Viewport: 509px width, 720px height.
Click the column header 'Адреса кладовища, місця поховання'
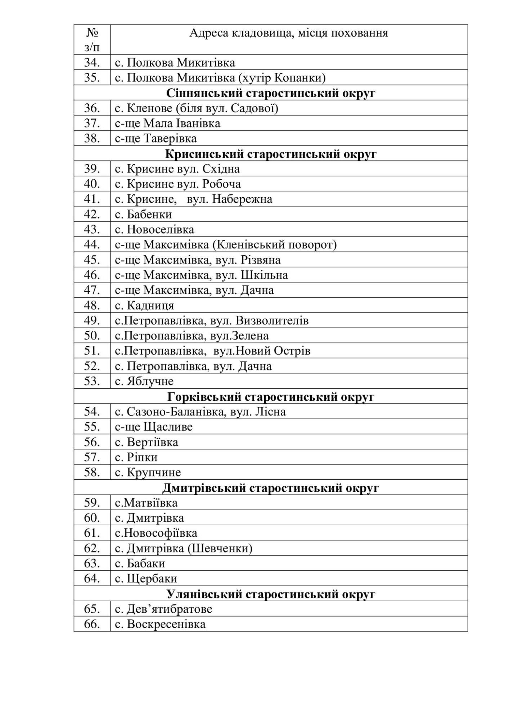[288, 33]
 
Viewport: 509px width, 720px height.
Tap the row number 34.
[92, 63]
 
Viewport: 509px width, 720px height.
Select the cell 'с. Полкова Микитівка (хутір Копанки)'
[220, 78]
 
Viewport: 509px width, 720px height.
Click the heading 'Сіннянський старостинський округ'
[271, 93]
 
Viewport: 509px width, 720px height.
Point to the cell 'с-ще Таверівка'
[156, 139]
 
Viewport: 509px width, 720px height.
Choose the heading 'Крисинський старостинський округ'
[271, 154]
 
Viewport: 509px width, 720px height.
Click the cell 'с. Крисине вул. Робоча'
[178, 184]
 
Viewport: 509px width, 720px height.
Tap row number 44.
[92, 245]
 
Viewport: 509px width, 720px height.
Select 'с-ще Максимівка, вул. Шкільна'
[201, 275]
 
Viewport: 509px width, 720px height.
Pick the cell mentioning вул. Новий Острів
[212, 351]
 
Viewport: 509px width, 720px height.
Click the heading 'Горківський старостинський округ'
[271, 397]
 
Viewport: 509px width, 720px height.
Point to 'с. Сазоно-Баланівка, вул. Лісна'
[200, 411]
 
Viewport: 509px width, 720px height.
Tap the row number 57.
[92, 457]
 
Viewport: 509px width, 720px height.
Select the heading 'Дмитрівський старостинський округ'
[271, 488]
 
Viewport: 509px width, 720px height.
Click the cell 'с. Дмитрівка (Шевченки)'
[184, 548]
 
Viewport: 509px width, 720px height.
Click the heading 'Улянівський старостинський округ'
[271, 594]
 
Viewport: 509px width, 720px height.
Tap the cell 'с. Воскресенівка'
[160, 624]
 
